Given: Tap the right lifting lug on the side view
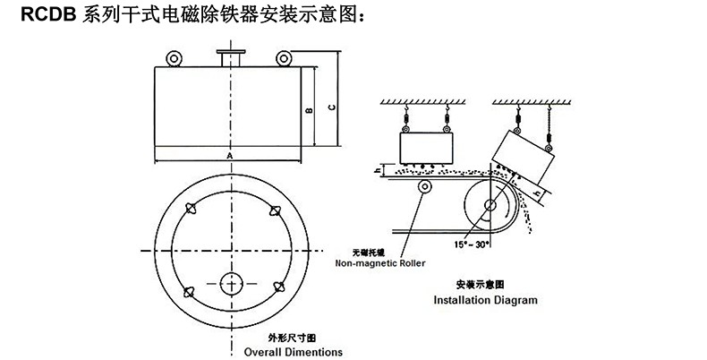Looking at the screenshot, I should pos(283,59).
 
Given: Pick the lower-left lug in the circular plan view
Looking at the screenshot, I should pos(189,288).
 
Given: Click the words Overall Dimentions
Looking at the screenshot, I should pos(293,351).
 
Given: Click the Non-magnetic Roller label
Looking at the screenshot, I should pos(380,263).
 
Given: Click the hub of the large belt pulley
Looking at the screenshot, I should pos(491,205).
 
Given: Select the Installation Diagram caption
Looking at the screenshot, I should pos(485,300).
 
